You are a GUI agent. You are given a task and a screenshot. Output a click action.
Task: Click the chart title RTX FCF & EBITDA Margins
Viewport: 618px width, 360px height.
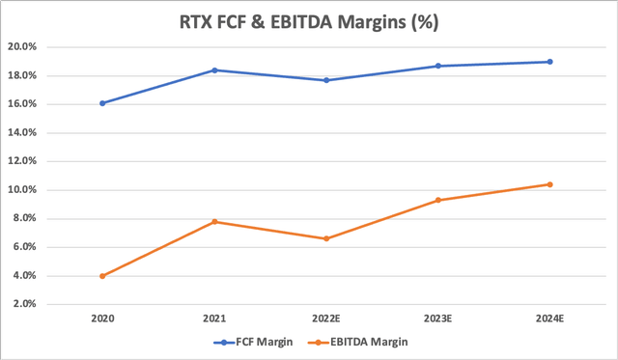tap(309, 21)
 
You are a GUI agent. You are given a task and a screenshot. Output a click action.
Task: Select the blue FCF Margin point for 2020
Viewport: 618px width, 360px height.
tap(102, 103)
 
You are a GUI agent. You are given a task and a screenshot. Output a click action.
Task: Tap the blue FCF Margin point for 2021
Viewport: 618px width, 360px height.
tap(214, 69)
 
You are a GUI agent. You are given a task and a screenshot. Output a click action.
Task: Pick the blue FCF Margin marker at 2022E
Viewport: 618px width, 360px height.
tap(326, 80)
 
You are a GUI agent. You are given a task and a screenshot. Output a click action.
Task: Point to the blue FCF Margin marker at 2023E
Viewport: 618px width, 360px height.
tap(438, 66)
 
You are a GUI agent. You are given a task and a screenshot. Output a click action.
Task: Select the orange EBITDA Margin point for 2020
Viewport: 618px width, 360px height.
tap(102, 276)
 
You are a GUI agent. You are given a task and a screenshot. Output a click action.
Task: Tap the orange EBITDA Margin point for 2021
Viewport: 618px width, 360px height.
tap(214, 222)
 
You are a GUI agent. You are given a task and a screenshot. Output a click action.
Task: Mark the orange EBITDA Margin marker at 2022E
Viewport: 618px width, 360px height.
tap(326, 238)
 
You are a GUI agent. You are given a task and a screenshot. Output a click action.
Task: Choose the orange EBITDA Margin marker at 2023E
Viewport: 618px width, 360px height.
tap(438, 200)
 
